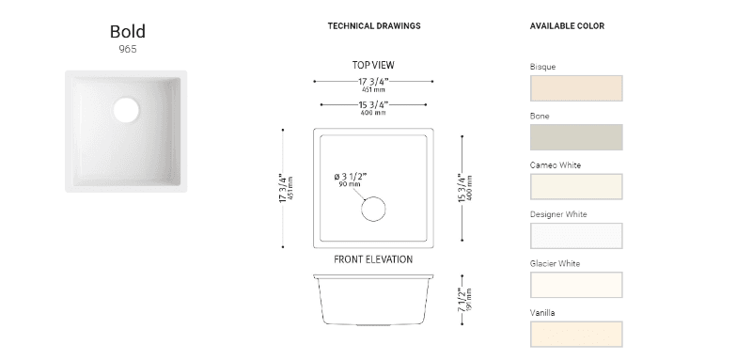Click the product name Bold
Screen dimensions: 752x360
pos(128,32)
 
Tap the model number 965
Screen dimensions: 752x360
pos(128,49)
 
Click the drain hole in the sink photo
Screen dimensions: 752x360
pos(126,110)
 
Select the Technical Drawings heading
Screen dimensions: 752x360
pos(374,26)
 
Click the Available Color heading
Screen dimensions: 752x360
pos(567,26)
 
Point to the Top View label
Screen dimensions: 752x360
pos(373,65)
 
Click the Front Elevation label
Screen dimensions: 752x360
pos(373,259)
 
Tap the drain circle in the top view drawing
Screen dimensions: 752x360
pos(373,209)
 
